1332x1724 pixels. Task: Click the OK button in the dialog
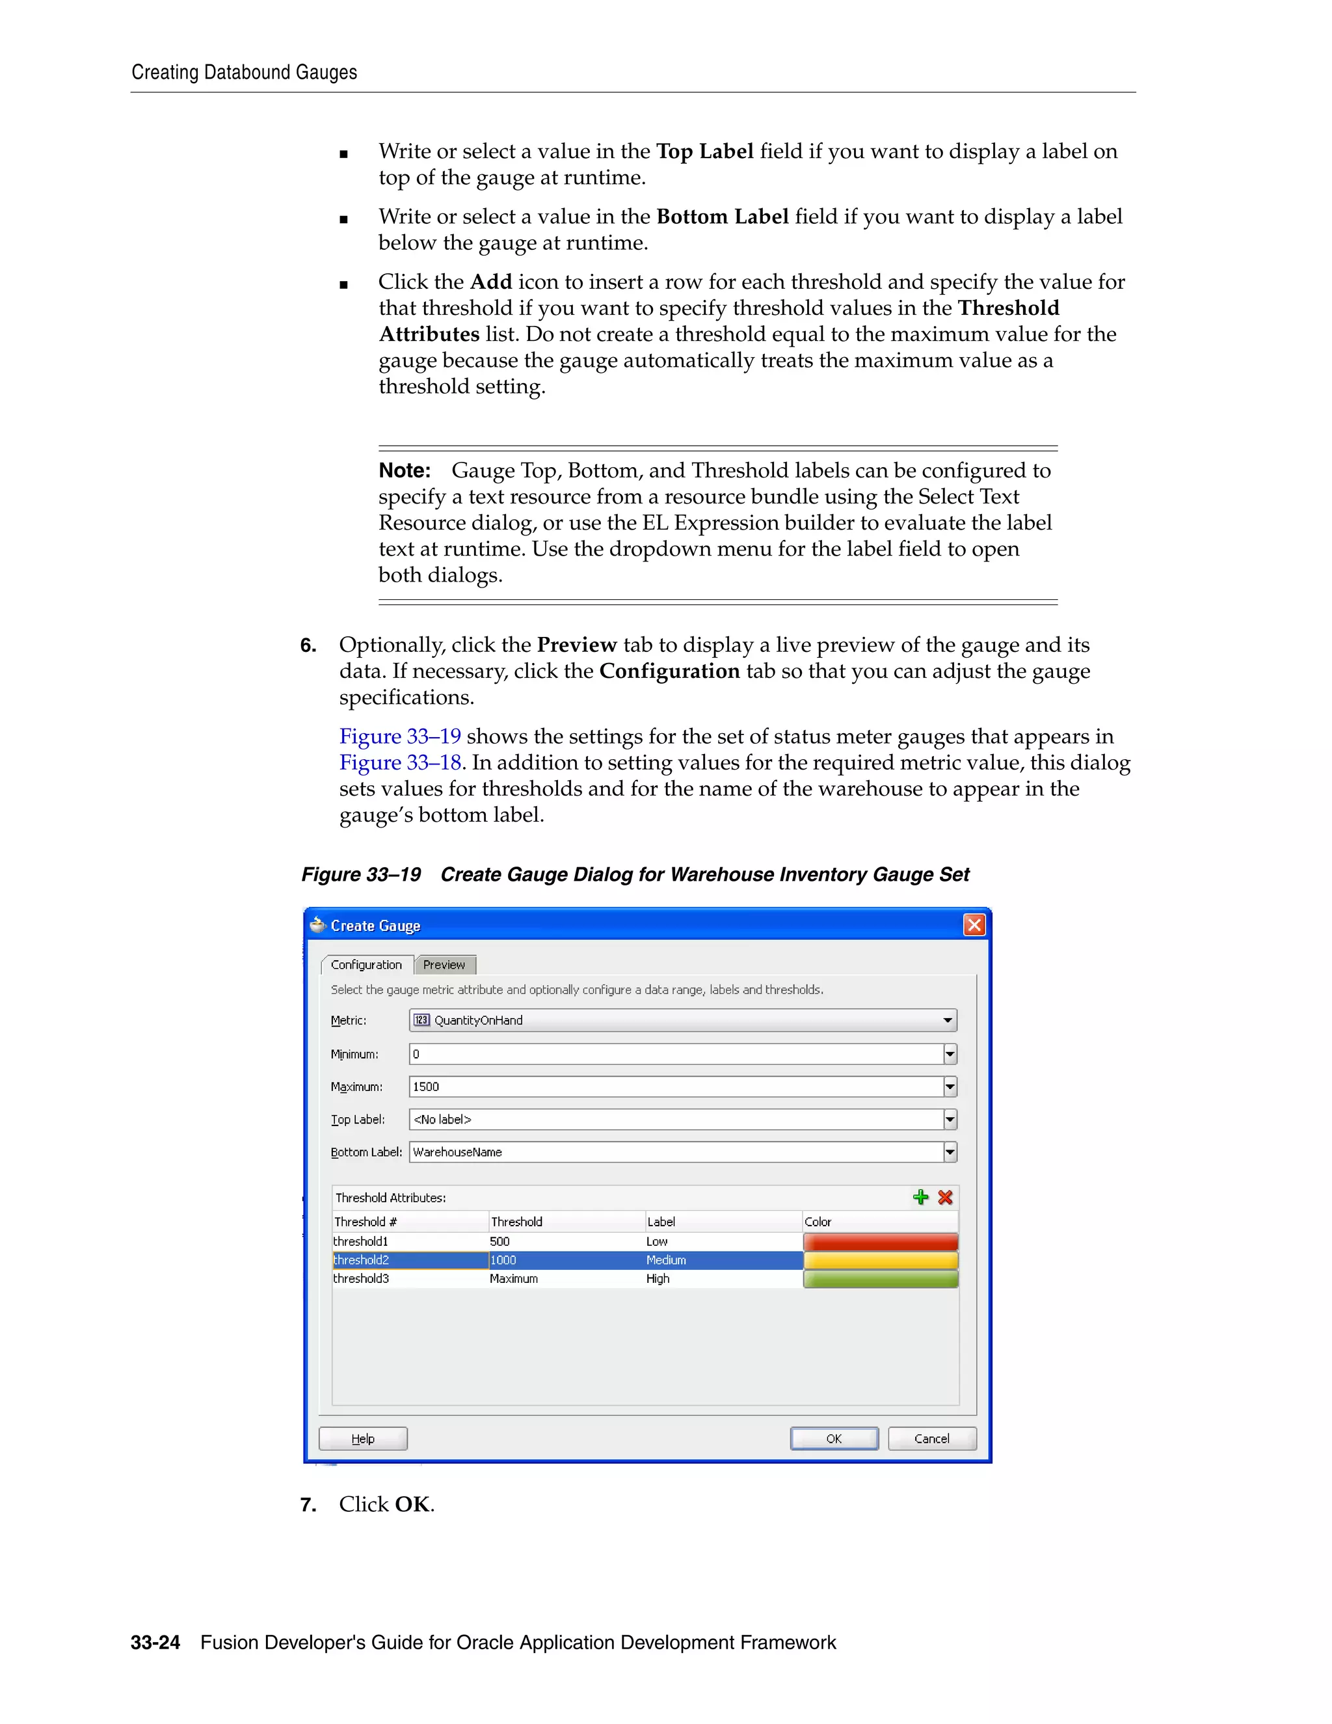click(833, 1438)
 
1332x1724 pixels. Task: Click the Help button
click(363, 1438)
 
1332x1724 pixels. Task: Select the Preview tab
click(444, 965)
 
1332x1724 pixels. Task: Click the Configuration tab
click(366, 965)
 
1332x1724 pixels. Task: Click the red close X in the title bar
click(974, 924)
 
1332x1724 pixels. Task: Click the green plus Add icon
click(920, 1198)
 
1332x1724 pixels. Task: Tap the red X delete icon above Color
click(945, 1198)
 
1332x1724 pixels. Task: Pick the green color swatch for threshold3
click(881, 1279)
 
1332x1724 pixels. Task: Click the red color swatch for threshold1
click(881, 1242)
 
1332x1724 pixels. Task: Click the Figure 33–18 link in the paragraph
click(400, 762)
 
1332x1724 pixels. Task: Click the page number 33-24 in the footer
click(155, 1643)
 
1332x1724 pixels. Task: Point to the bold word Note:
click(404, 470)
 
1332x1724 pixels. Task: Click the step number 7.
click(308, 1505)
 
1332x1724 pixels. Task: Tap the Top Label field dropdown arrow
click(950, 1120)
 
